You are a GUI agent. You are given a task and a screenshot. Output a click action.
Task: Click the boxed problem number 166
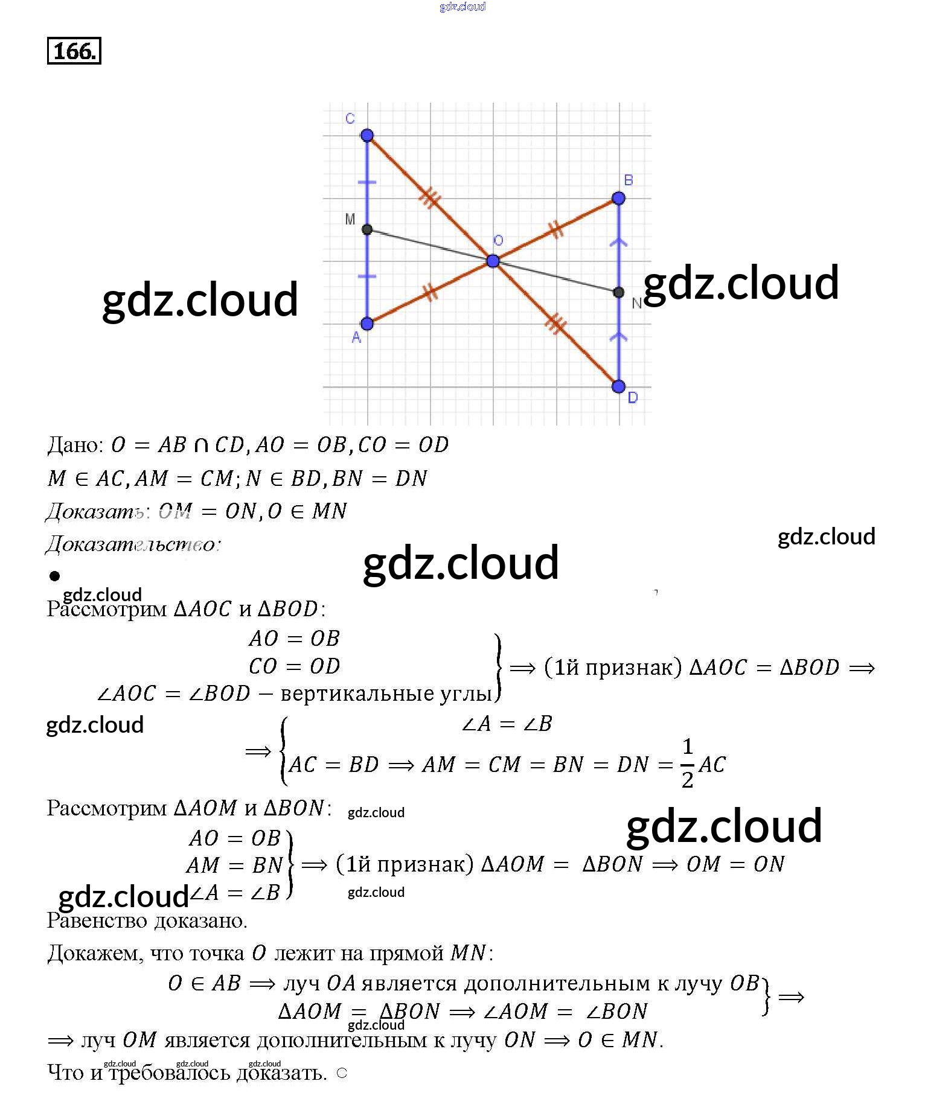(x=74, y=51)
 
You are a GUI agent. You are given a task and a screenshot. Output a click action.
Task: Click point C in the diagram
(x=367, y=135)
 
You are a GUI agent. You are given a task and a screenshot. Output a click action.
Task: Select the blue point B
(x=618, y=198)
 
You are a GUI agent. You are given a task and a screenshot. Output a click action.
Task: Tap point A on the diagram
(x=367, y=324)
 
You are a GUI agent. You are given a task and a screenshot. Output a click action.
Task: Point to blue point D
(x=618, y=386)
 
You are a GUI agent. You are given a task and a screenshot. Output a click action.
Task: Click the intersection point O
(x=493, y=261)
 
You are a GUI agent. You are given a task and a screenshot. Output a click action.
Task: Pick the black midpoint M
(x=367, y=229)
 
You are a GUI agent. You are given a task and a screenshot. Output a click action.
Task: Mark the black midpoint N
(x=618, y=292)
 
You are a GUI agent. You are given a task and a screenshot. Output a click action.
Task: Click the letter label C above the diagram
(x=350, y=118)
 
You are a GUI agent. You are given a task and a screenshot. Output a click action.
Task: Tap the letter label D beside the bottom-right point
(x=633, y=398)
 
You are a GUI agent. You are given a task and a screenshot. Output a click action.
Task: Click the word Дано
(x=74, y=445)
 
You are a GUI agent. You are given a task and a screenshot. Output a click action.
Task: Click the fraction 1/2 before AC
(x=687, y=763)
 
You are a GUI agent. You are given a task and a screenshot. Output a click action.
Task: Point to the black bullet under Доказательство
(x=55, y=576)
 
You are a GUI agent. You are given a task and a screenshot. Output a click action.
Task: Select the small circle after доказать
(x=342, y=1073)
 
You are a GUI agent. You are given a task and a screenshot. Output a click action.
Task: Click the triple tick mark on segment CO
(x=429, y=197)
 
